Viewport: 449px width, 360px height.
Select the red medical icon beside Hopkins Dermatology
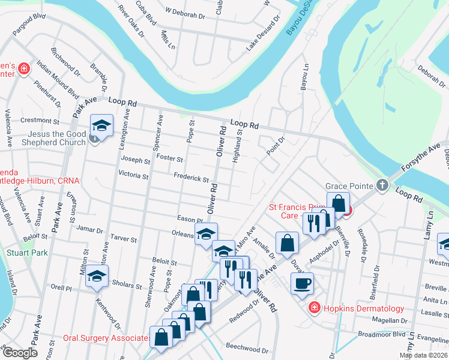point(313,308)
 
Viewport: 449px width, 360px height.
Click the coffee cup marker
point(302,283)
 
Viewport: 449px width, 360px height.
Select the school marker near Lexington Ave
point(101,127)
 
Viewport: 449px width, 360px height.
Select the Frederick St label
point(190,179)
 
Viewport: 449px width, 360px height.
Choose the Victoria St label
point(133,176)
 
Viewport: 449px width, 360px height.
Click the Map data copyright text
point(423,355)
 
